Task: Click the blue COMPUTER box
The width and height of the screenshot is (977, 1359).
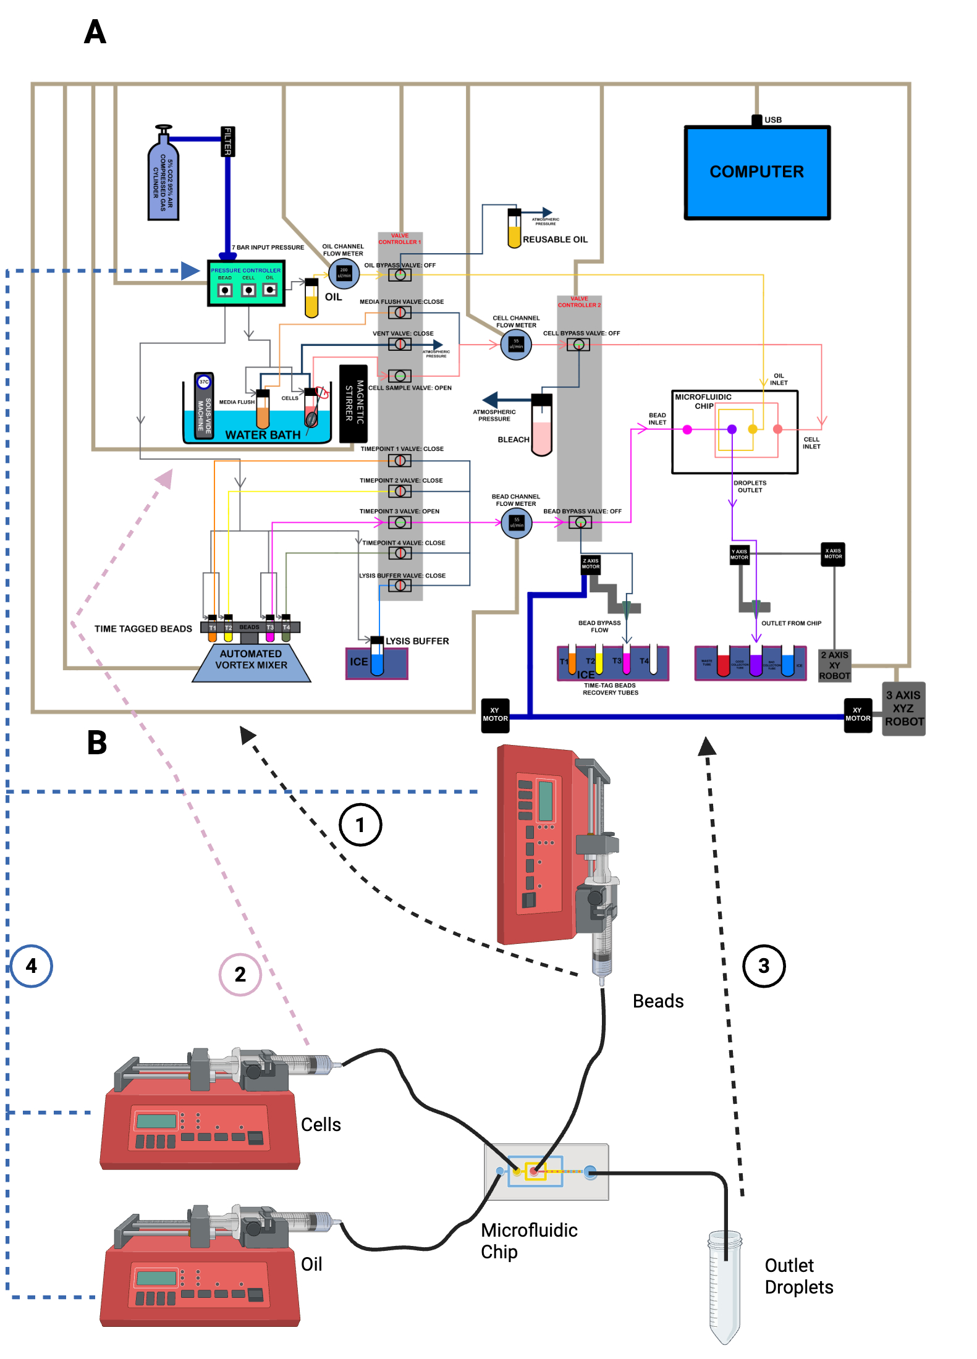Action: pyautogui.click(x=757, y=172)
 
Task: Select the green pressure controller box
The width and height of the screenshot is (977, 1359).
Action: pyautogui.click(x=246, y=284)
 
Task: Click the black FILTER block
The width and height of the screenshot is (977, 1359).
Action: pyautogui.click(x=227, y=141)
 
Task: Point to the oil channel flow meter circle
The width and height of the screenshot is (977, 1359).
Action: pyautogui.click(x=344, y=273)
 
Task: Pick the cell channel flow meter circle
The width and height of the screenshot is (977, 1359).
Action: pyautogui.click(x=516, y=345)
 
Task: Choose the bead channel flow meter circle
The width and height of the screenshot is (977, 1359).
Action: pyautogui.click(x=517, y=523)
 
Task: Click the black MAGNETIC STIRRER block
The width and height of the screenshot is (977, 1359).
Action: pyautogui.click(x=353, y=403)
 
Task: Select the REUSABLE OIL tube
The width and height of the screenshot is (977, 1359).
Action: pyautogui.click(x=514, y=229)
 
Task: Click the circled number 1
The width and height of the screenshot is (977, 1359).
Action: pyautogui.click(x=360, y=825)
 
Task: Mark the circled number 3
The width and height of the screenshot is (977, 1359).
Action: pyautogui.click(x=764, y=966)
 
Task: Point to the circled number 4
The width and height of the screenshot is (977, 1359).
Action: pyautogui.click(x=32, y=966)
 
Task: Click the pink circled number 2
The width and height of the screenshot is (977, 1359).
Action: pyautogui.click(x=240, y=974)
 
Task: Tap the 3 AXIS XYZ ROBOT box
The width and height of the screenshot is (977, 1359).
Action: pyautogui.click(x=903, y=709)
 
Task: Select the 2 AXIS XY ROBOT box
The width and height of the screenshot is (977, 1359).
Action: pyautogui.click(x=834, y=665)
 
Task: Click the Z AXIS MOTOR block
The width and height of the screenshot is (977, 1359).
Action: pyautogui.click(x=591, y=565)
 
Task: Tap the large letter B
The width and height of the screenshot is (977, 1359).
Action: pyautogui.click(x=97, y=743)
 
